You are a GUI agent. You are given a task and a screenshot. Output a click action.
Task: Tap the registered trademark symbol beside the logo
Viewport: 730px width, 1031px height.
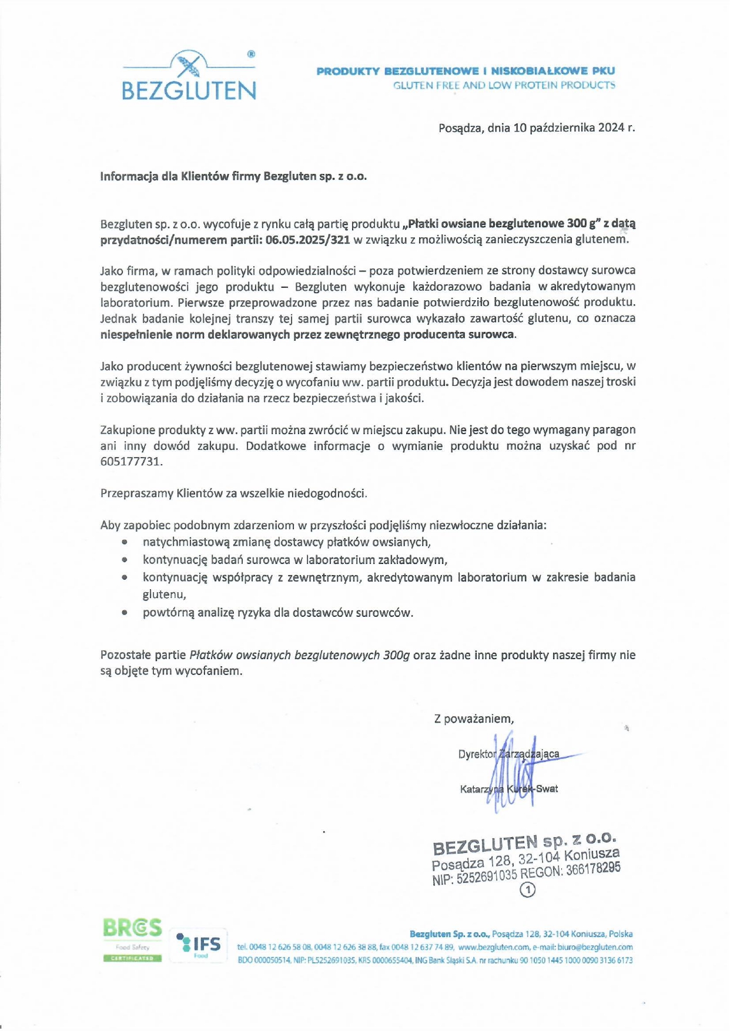251,54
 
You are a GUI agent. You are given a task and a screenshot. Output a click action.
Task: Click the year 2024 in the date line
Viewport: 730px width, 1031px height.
611,127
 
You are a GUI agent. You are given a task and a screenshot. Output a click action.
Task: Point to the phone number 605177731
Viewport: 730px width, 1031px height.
131,461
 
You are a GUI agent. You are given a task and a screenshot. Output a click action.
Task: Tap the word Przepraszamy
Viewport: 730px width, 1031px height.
137,493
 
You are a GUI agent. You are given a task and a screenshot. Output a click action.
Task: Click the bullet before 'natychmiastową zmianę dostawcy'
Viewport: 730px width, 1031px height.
124,542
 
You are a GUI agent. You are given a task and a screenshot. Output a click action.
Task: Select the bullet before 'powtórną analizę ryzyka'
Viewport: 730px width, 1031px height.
124,613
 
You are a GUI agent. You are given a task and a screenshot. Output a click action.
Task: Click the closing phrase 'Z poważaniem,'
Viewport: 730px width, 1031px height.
474,718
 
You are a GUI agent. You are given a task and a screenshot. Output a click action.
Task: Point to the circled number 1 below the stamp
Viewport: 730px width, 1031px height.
528,890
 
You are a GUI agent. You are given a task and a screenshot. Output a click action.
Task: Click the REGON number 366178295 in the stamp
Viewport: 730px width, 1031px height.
593,869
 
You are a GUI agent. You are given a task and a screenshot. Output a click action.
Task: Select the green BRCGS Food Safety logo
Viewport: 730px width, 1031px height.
132,939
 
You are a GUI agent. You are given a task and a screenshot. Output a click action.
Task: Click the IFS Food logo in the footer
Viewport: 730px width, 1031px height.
199,943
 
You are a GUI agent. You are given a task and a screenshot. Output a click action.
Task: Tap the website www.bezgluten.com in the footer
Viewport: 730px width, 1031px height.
494,947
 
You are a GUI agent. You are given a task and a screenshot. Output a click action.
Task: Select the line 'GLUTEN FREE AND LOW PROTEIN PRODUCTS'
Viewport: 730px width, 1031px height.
504,85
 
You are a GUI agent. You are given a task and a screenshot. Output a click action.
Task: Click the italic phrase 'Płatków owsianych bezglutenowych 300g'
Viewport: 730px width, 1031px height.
300,655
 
